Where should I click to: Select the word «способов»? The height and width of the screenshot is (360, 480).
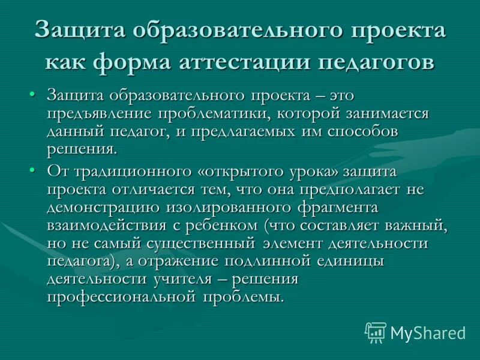pos(367,132)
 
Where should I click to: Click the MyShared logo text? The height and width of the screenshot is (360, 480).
pos(428,332)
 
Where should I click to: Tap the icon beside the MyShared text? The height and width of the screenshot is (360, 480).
pos(376,332)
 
